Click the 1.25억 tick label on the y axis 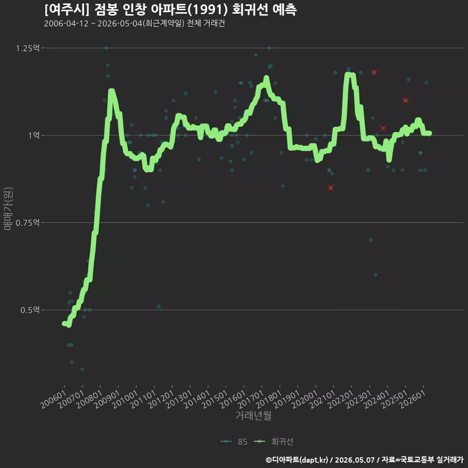28,48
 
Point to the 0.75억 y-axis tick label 28,223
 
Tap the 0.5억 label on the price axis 30,310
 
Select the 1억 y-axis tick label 34,136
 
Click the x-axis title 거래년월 253,415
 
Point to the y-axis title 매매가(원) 8,209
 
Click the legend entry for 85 234,442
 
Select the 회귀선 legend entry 273,442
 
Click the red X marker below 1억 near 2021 331,188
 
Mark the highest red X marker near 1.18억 374,73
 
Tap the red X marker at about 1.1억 405,100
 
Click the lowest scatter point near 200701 82,370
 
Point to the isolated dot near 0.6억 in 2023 376,275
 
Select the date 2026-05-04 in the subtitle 120,23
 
